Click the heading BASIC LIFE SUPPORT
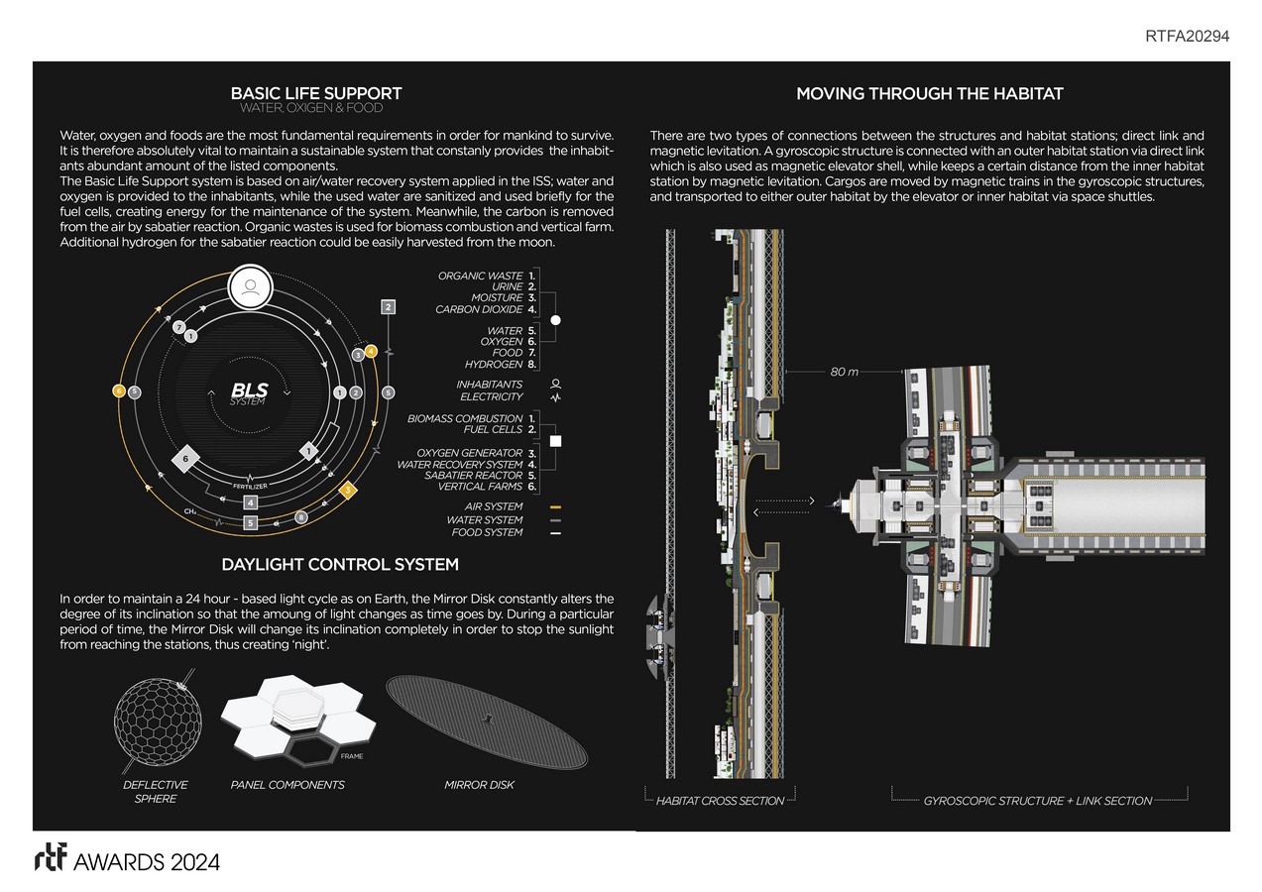pos(316,94)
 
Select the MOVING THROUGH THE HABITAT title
pos(930,94)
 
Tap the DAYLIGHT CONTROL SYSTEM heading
pos(340,565)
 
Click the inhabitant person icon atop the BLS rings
pos(250,288)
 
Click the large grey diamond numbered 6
pos(185,460)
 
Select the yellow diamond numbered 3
pos(347,490)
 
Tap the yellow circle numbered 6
pos(118,391)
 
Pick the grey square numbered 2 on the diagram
pos(389,307)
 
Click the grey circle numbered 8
pos(301,516)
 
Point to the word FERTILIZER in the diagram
pos(250,486)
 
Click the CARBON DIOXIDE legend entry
pos(479,309)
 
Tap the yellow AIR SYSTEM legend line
pos(555,507)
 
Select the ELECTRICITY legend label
pos(491,396)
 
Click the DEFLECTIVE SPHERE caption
pos(156,791)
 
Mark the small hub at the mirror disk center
pos(485,721)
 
